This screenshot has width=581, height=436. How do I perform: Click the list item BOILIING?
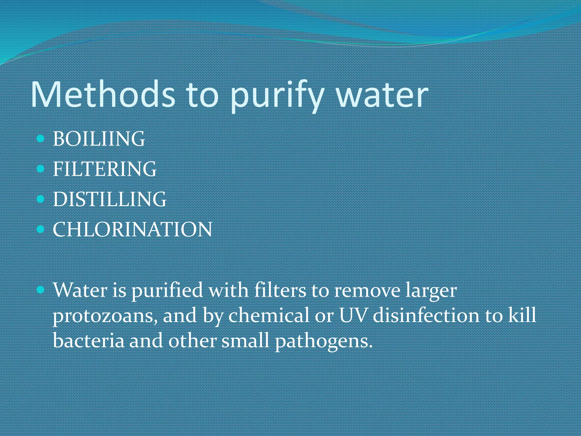[x=99, y=139]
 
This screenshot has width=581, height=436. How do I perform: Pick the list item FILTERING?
[x=105, y=169]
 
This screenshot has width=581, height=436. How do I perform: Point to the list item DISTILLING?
[x=110, y=199]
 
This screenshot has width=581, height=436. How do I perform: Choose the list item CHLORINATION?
[x=132, y=229]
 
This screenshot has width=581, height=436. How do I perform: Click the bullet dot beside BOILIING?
[x=41, y=139]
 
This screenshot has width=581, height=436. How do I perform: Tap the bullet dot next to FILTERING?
[x=41, y=169]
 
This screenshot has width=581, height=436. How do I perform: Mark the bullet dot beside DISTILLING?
[x=41, y=199]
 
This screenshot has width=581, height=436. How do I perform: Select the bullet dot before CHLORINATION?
[x=41, y=229]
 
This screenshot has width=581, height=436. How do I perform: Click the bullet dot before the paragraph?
[x=41, y=290]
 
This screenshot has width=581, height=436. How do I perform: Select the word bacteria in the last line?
[x=89, y=340]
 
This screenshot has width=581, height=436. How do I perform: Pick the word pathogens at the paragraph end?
[x=323, y=341]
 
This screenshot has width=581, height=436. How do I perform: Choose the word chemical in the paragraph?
[x=269, y=315]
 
